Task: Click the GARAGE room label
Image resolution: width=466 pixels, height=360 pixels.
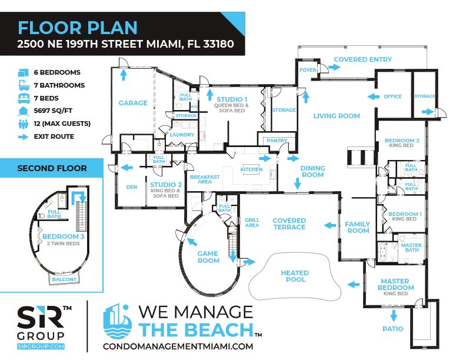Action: click(133, 103)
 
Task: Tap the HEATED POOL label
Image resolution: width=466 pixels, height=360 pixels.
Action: click(295, 276)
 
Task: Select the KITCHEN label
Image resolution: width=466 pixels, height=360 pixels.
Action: click(251, 169)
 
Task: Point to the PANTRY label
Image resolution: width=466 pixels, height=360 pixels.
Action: click(277, 141)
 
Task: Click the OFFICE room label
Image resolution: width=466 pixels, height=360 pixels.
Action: click(392, 96)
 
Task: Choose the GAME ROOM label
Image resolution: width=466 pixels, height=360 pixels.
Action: click(208, 257)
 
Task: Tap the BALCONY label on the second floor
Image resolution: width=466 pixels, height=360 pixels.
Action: click(65, 279)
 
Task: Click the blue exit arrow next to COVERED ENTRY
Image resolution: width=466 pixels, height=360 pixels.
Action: click(334, 67)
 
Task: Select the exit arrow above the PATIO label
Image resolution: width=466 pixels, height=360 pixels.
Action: click(394, 316)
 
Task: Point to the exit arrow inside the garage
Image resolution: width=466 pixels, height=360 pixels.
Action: click(124, 75)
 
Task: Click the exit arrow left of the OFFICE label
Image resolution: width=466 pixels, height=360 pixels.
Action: click(373, 96)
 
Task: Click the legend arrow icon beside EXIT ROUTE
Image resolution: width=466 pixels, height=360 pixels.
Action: click(23, 137)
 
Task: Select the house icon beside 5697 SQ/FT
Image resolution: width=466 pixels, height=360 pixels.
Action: click(23, 111)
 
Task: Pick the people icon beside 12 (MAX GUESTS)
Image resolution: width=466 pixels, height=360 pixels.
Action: click(23, 124)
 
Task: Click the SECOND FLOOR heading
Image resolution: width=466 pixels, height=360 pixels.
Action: click(52, 168)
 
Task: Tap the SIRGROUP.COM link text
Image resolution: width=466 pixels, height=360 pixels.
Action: click(41, 346)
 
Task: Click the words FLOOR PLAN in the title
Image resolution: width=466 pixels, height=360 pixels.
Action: click(78, 28)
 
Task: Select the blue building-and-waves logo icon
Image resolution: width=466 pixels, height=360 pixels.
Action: click(118, 321)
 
